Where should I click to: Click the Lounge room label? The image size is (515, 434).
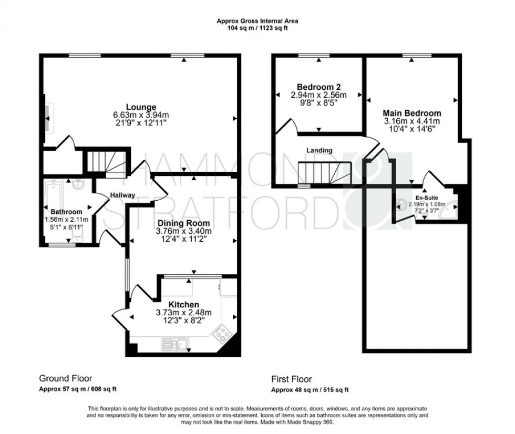pyautogui.click(x=141, y=107)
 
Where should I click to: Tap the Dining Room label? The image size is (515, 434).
pyautogui.click(x=183, y=223)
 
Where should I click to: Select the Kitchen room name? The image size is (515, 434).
pyautogui.click(x=183, y=305)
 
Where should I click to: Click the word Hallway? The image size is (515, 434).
pyautogui.click(x=122, y=195)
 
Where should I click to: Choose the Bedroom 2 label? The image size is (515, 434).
pyautogui.click(x=319, y=87)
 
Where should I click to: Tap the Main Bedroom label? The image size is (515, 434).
pyautogui.click(x=411, y=113)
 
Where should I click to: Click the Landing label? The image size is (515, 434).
pyautogui.click(x=320, y=150)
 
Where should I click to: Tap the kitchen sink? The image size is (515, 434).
pyautogui.click(x=176, y=345)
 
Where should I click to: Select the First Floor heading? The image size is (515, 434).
pyautogui.click(x=291, y=379)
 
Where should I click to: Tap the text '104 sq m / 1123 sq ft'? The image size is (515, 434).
pyautogui.click(x=257, y=28)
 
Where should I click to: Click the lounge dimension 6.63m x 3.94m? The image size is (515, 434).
pyautogui.click(x=141, y=115)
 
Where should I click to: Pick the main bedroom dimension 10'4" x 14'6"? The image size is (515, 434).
pyautogui.click(x=411, y=129)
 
